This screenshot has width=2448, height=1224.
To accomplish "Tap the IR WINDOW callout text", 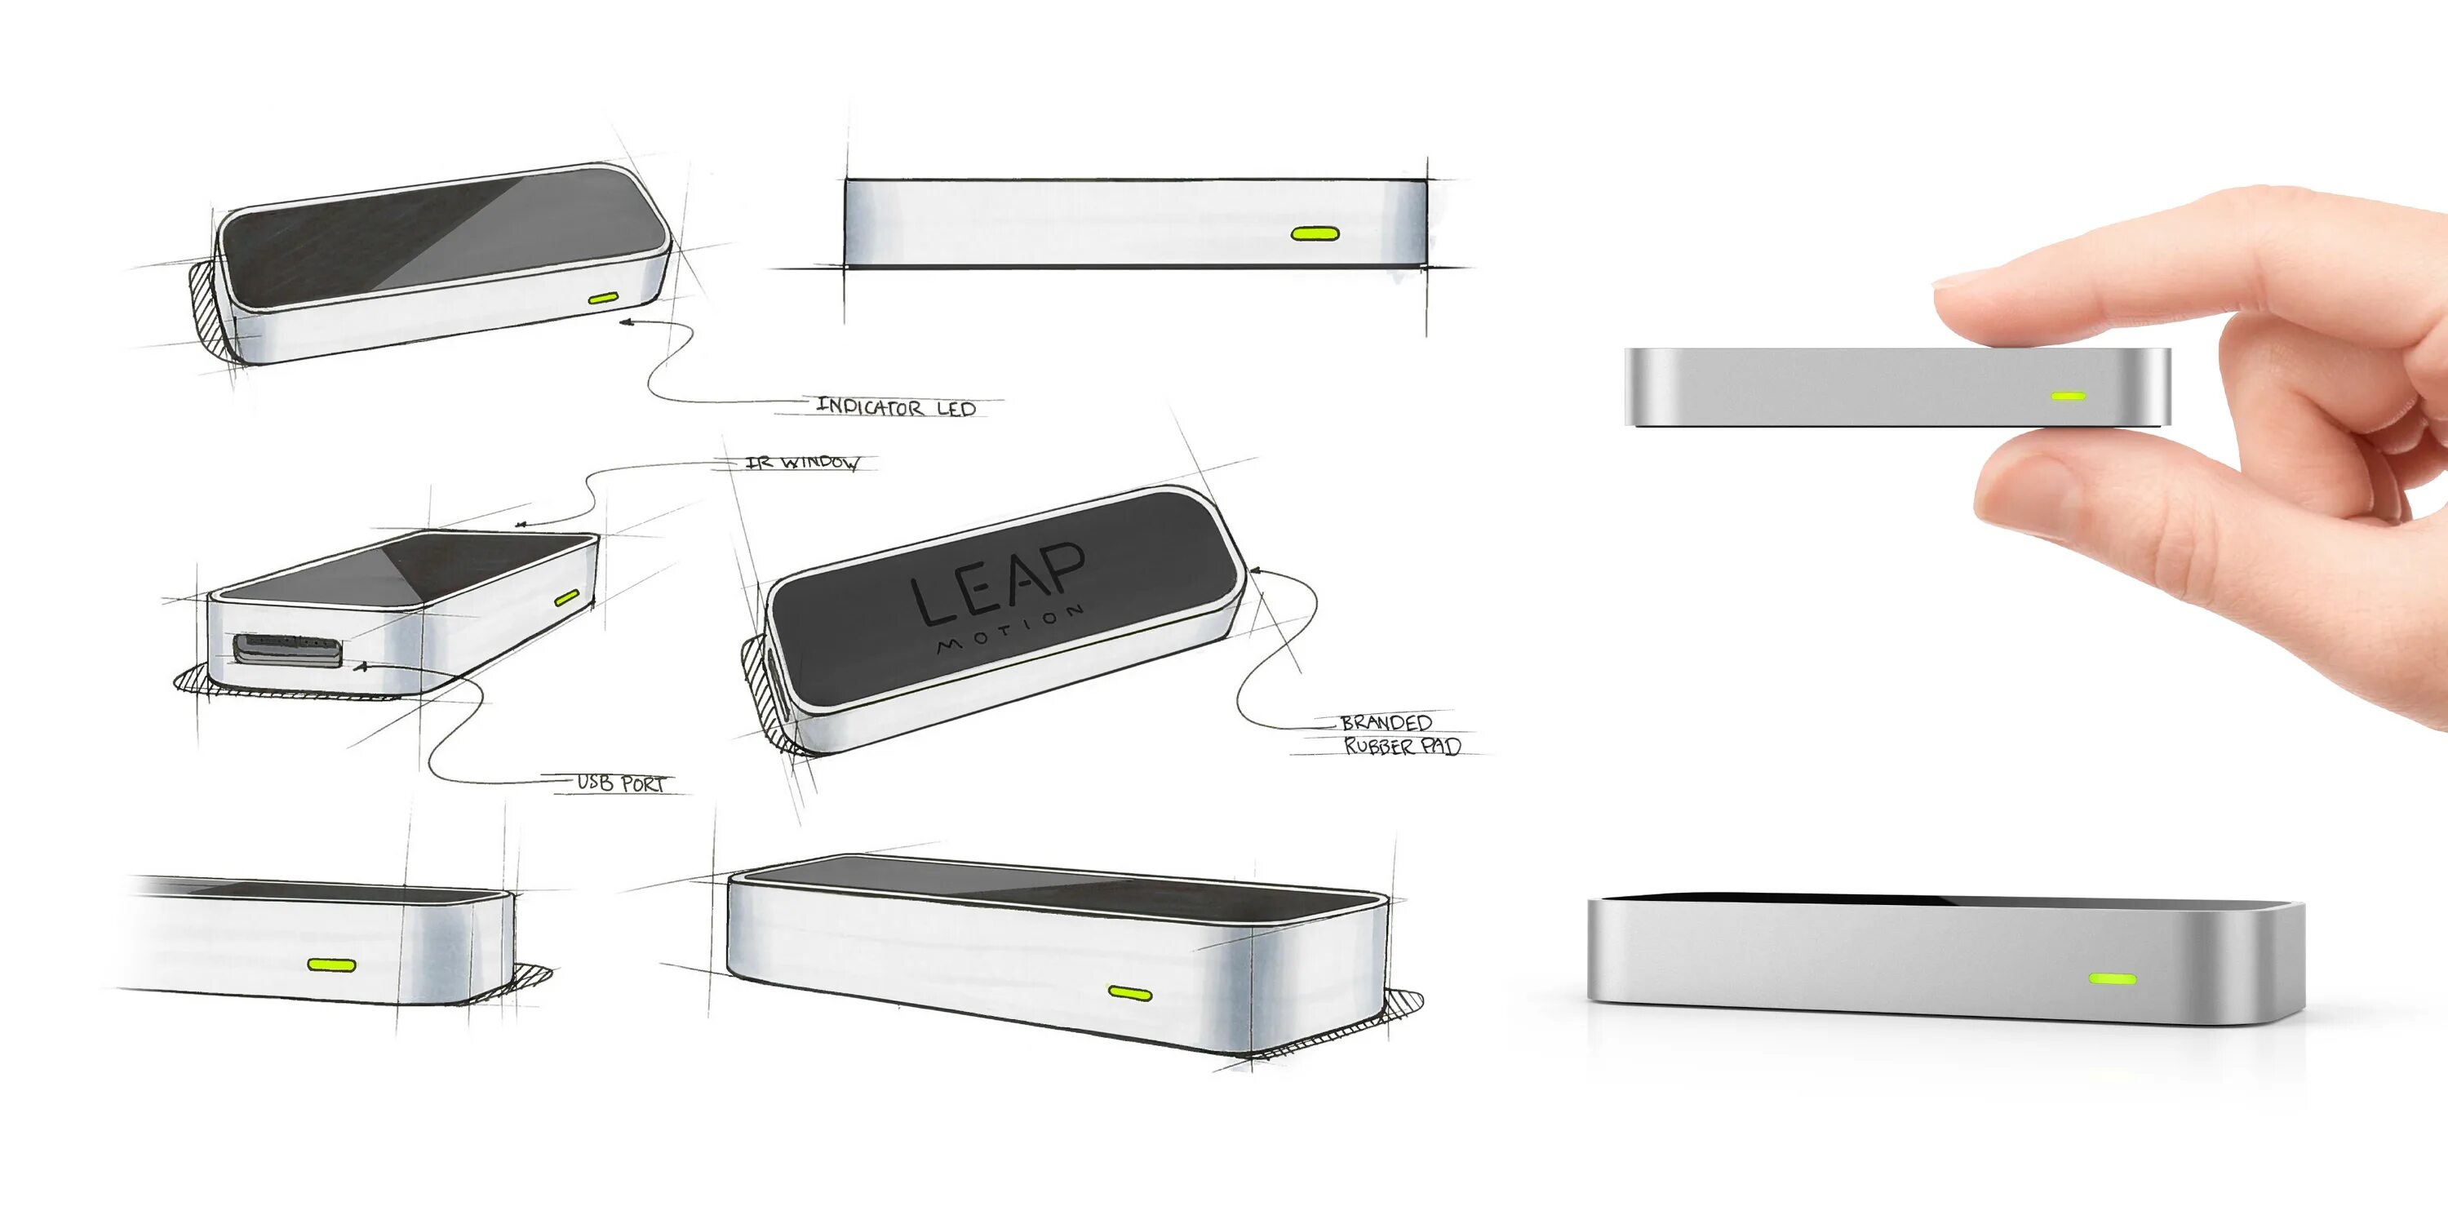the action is click(803, 463).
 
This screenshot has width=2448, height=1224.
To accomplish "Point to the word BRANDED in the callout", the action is click(1386, 723).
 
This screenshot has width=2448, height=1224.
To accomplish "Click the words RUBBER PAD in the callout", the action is click(1402, 746).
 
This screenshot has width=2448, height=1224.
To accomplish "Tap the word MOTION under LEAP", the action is click(1009, 628).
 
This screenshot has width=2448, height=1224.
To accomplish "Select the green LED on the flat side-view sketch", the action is click(1315, 233).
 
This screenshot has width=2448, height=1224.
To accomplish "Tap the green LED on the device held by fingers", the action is click(2069, 395).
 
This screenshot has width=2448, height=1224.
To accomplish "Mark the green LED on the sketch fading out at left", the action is click(331, 965).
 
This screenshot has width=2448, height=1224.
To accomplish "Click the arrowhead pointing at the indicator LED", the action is click(624, 323).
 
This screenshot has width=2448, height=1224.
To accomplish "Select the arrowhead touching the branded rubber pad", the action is click(1254, 570).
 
